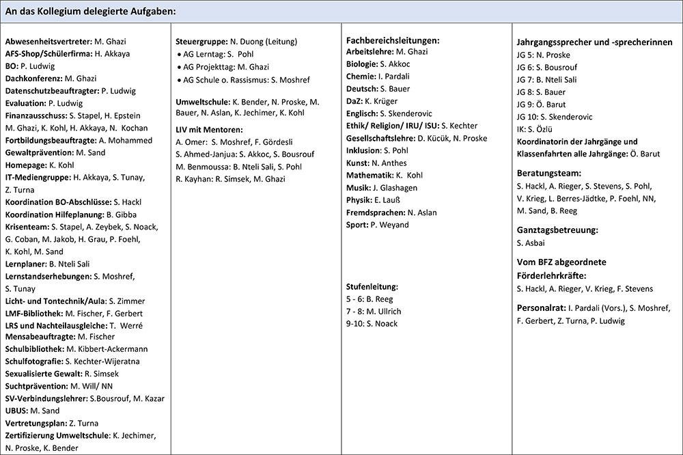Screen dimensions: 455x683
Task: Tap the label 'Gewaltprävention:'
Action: [38, 152]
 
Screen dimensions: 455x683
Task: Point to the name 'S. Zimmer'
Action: [126, 301]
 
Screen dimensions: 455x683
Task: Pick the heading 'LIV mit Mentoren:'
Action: [210, 129]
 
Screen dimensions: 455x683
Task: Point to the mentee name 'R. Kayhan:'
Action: [192, 178]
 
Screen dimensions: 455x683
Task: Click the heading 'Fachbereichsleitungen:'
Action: [393, 40]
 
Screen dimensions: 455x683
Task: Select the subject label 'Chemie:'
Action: [361, 77]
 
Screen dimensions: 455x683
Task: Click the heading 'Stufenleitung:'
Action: [372, 286]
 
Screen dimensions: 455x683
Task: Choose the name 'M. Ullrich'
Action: [386, 311]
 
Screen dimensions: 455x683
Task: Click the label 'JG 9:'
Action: [526, 104]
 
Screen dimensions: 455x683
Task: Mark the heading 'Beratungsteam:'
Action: [549, 173]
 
